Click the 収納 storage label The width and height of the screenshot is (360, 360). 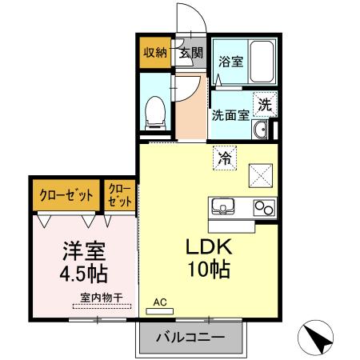pyautogui.click(x=155, y=54)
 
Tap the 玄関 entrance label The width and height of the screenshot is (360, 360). pyautogui.click(x=190, y=54)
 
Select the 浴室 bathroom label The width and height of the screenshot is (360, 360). pyautogui.click(x=231, y=61)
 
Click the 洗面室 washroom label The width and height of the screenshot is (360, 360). pyautogui.click(x=230, y=114)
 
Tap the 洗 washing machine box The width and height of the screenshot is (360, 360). pyautogui.click(x=265, y=102)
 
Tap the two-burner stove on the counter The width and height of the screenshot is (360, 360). pyautogui.click(x=263, y=207)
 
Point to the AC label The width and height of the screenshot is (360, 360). pyautogui.click(x=159, y=302)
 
